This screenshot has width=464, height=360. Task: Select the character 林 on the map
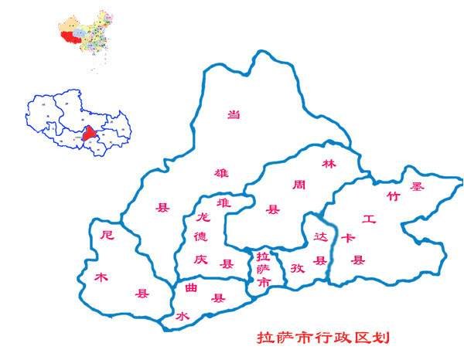(329, 165)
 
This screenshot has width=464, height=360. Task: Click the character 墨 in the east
(418, 186)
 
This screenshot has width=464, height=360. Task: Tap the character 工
(369, 220)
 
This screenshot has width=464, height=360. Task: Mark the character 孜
(297, 270)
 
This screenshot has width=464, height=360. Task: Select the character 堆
(224, 203)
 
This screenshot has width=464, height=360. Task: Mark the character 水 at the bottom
(183, 317)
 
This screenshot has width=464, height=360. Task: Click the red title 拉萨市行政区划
(323, 338)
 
